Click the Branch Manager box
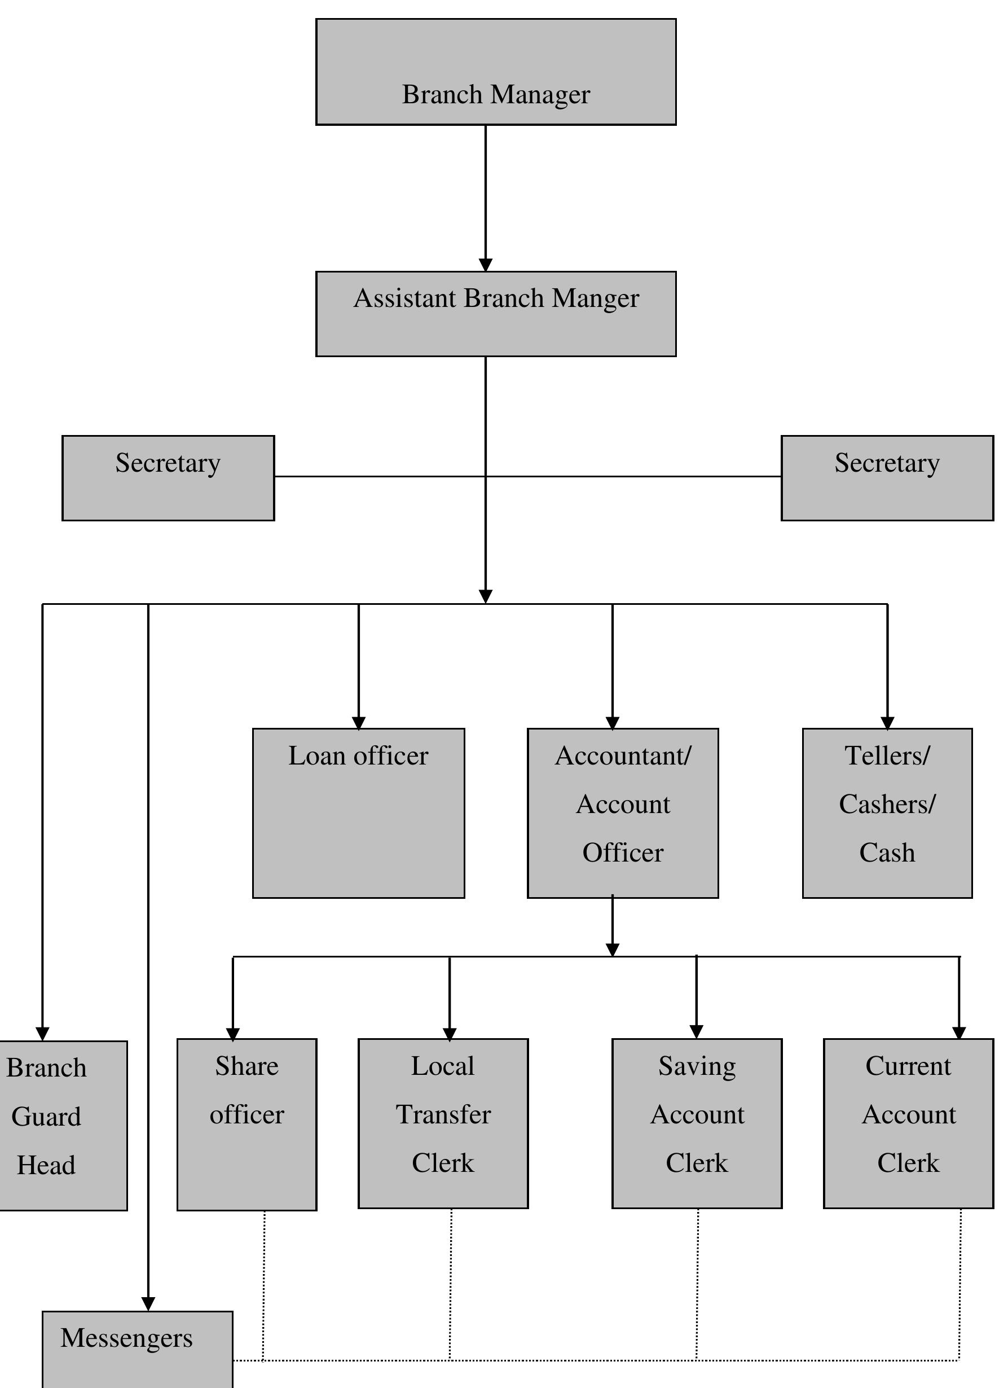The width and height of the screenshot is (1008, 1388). [x=495, y=72]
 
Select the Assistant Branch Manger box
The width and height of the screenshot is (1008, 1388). [x=495, y=314]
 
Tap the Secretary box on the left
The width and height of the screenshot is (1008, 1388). [x=168, y=478]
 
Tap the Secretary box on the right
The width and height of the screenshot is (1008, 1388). [x=887, y=478]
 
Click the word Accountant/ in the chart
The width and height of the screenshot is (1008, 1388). [x=623, y=757]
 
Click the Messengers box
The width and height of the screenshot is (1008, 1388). [x=138, y=1350]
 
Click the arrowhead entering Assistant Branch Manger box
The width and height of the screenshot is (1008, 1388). [x=486, y=265]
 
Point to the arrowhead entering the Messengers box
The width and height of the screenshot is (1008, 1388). [x=148, y=1303]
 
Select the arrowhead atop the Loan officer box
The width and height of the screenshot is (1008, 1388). [x=358, y=723]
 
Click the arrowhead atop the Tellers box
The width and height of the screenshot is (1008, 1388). [x=887, y=723]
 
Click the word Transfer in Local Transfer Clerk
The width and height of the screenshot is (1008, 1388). [x=443, y=1115]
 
